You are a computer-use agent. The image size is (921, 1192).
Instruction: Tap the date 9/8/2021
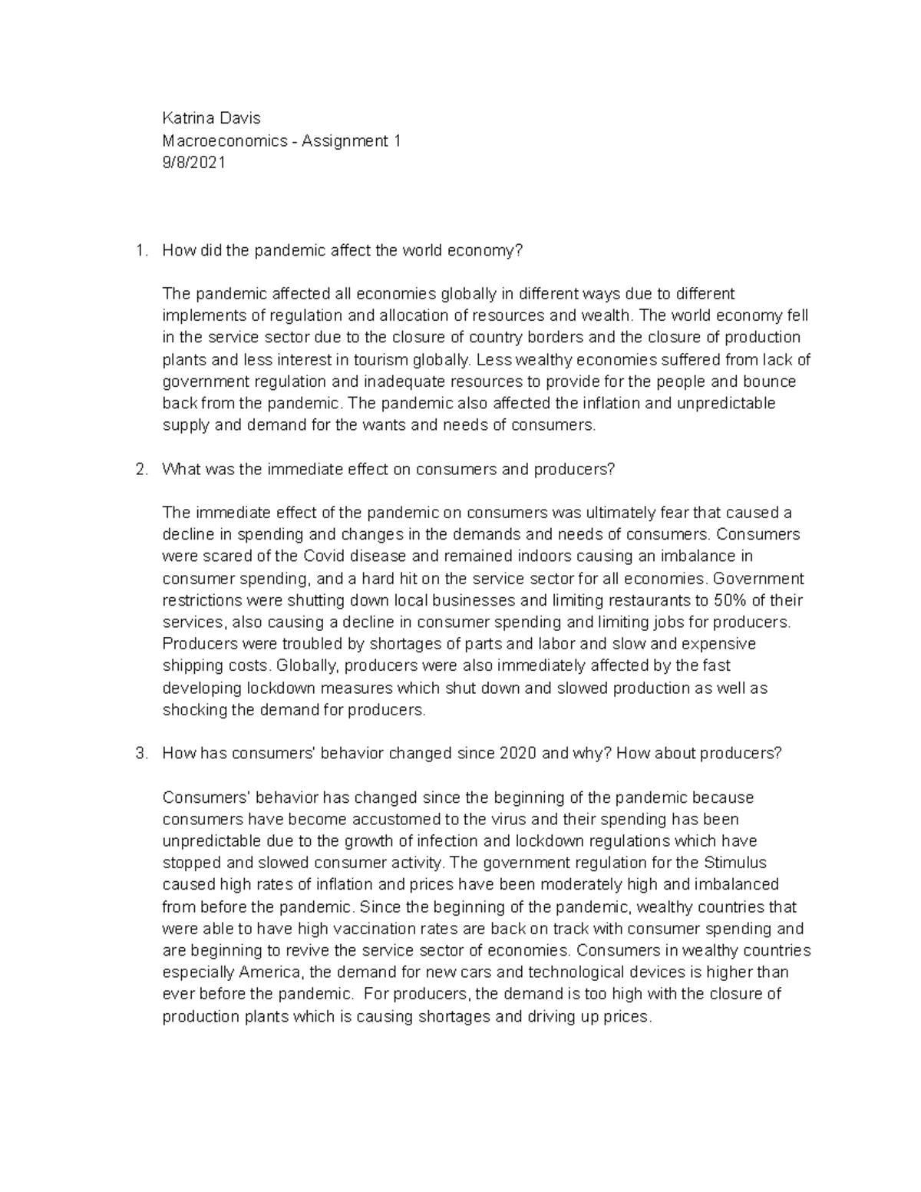[194, 163]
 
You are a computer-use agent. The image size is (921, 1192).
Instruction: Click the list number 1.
[139, 250]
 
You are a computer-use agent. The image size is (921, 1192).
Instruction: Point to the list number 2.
[140, 469]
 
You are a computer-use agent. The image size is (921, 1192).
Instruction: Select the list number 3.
[140, 753]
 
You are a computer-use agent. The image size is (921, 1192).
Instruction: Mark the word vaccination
[371, 928]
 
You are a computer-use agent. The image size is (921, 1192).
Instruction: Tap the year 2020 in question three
[518, 753]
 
